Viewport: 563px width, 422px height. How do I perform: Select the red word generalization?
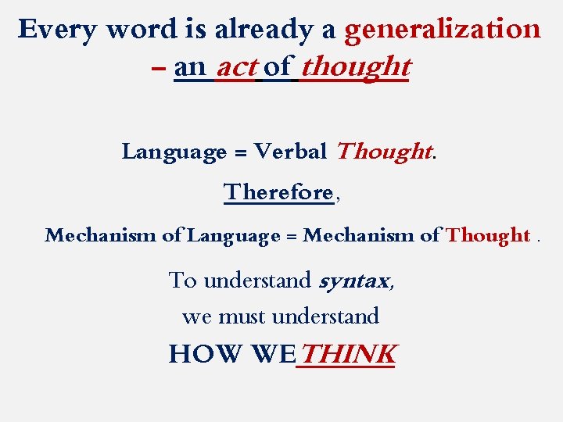click(442, 30)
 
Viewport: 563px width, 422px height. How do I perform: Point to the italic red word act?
click(236, 67)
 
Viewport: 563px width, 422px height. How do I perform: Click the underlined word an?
click(190, 68)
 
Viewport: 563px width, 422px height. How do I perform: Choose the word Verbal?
click(291, 151)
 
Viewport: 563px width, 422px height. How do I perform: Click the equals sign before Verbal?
click(240, 152)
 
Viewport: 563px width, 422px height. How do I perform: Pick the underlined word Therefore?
click(278, 191)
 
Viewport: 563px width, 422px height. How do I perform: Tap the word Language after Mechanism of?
click(233, 235)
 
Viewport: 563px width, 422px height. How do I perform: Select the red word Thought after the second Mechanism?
click(488, 235)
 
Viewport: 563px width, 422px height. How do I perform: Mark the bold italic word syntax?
click(355, 280)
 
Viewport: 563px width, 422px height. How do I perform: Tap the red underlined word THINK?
click(348, 355)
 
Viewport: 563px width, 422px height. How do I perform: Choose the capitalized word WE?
click(272, 355)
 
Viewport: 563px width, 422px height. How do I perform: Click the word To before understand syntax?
click(182, 280)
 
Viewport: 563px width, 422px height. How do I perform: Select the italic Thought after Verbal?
click(383, 151)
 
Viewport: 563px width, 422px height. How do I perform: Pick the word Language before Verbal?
click(174, 151)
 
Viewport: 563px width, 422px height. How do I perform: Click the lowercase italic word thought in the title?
click(355, 67)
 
